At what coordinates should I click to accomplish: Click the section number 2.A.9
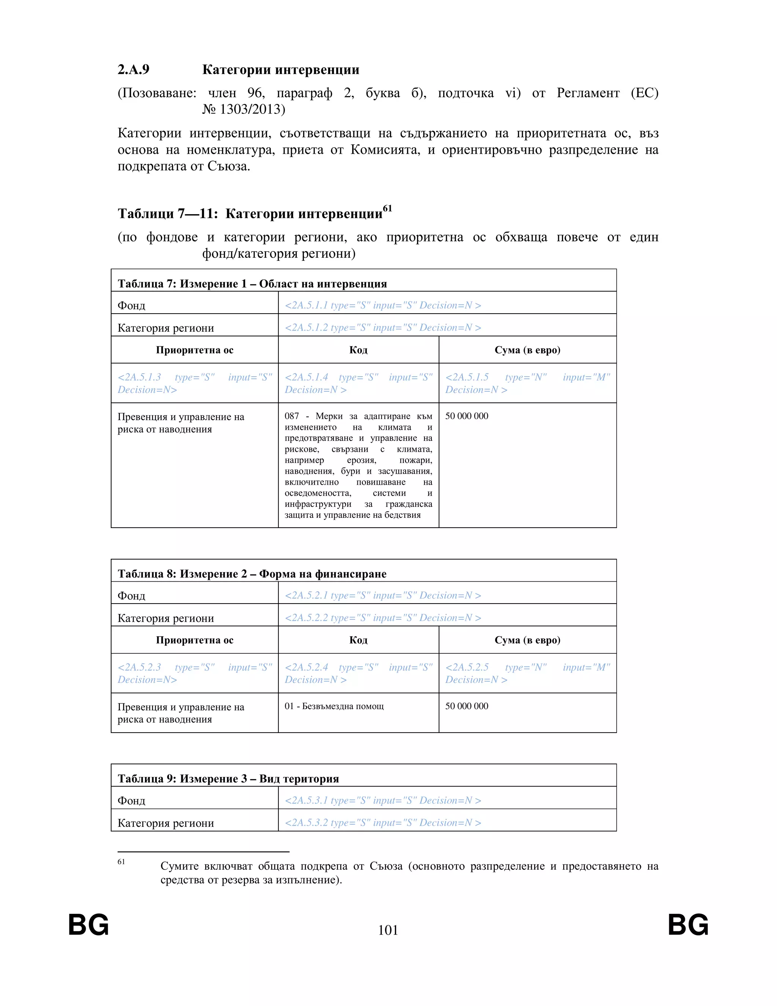coord(134,69)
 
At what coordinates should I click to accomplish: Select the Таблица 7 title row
coord(252,283)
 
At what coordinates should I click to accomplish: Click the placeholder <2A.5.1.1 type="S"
coord(382,305)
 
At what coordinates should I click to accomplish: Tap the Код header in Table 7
coord(358,350)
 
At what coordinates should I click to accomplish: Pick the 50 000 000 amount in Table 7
coord(466,416)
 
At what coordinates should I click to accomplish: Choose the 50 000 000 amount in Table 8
coord(466,706)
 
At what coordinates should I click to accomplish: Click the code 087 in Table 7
coord(292,416)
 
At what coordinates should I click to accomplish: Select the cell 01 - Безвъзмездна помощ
coord(334,706)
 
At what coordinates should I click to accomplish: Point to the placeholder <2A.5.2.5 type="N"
coord(527,673)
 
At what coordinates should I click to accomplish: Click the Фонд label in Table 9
coord(131,801)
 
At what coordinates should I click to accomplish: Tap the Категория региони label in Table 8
coord(166,618)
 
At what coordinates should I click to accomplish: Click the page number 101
coord(388,930)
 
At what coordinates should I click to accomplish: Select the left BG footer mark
coord(88,925)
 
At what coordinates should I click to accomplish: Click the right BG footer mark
coord(688,925)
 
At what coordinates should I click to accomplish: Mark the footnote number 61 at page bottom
coord(121,862)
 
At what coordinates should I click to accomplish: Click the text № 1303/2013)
coord(244,109)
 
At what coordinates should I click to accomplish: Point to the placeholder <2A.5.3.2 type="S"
coord(382,822)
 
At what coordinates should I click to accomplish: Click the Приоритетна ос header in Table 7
coord(194,350)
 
